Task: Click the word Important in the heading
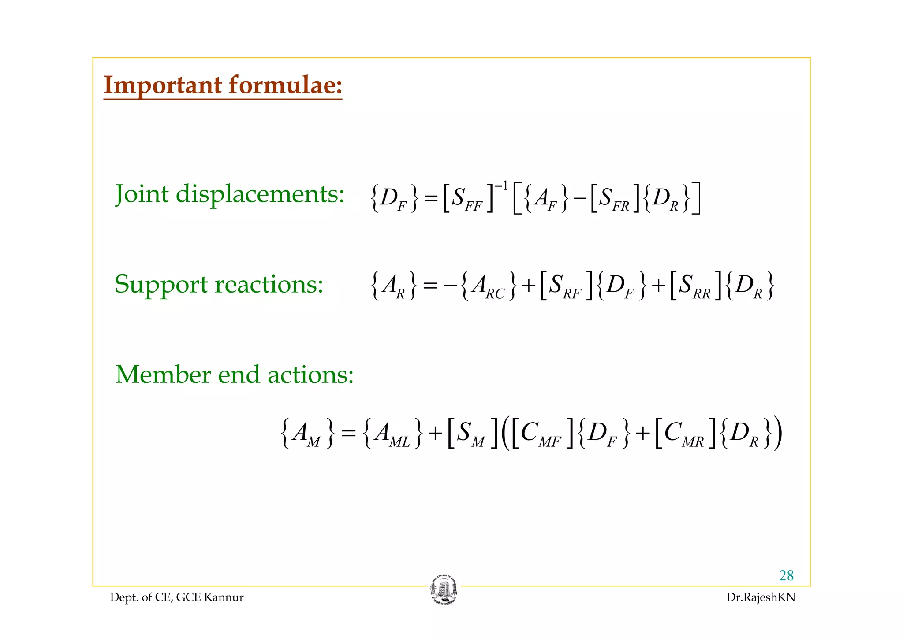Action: [x=162, y=85]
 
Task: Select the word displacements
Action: [x=260, y=194]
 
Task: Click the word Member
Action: [x=163, y=375]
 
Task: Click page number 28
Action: [x=786, y=575]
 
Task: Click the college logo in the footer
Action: [x=444, y=590]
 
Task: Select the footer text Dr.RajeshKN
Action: [x=761, y=597]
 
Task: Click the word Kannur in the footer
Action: [x=224, y=597]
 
